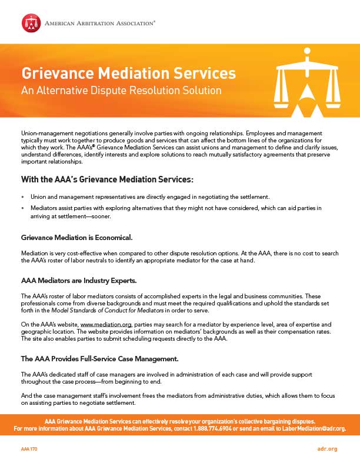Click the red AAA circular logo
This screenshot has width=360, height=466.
click(x=31, y=23)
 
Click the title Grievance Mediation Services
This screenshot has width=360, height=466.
click(x=129, y=74)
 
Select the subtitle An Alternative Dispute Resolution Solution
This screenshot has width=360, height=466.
click(x=121, y=91)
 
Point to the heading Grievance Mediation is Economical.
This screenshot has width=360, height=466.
click(x=76, y=237)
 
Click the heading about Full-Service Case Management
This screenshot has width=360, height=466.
click(x=91, y=358)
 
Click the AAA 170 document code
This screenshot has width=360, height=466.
click(x=29, y=449)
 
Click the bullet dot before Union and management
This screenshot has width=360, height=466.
click(x=22, y=196)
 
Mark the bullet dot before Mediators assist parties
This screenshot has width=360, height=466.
click(x=22, y=208)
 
